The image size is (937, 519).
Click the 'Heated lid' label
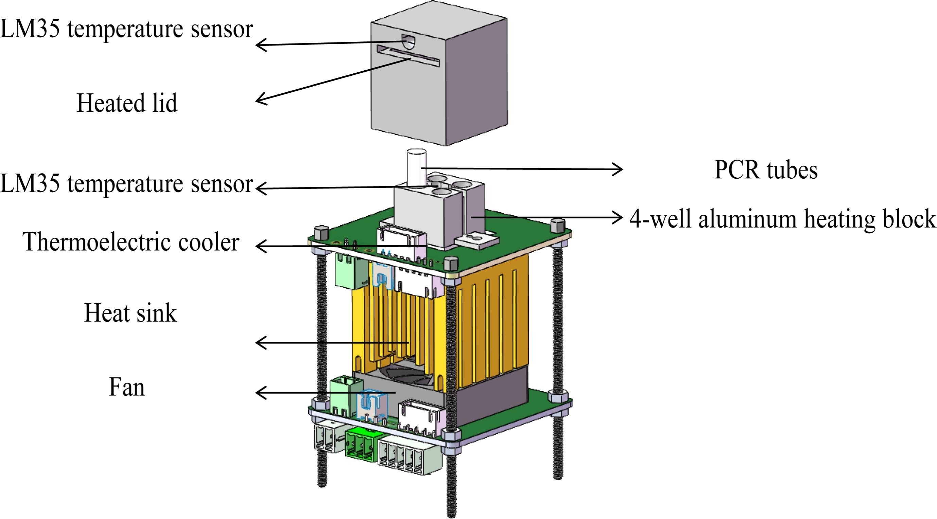point(127,103)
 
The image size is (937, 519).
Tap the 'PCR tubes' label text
point(766,170)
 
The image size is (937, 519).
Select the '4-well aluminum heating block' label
point(782,219)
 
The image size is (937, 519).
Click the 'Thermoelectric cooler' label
point(131,243)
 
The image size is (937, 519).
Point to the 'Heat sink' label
point(130,313)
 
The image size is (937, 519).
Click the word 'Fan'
point(126,387)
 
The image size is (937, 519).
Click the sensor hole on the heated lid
point(408,41)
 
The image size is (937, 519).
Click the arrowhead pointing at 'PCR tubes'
point(618,169)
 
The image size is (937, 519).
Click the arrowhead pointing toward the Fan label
point(260,393)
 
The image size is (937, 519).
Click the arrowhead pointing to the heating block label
point(618,217)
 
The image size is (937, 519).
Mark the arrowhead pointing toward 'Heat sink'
point(260,342)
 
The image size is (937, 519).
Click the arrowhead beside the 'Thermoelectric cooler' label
point(260,246)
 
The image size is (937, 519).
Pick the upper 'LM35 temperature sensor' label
point(126,29)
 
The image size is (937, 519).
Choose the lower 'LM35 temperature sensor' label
point(126,183)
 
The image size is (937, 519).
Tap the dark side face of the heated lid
point(476,80)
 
